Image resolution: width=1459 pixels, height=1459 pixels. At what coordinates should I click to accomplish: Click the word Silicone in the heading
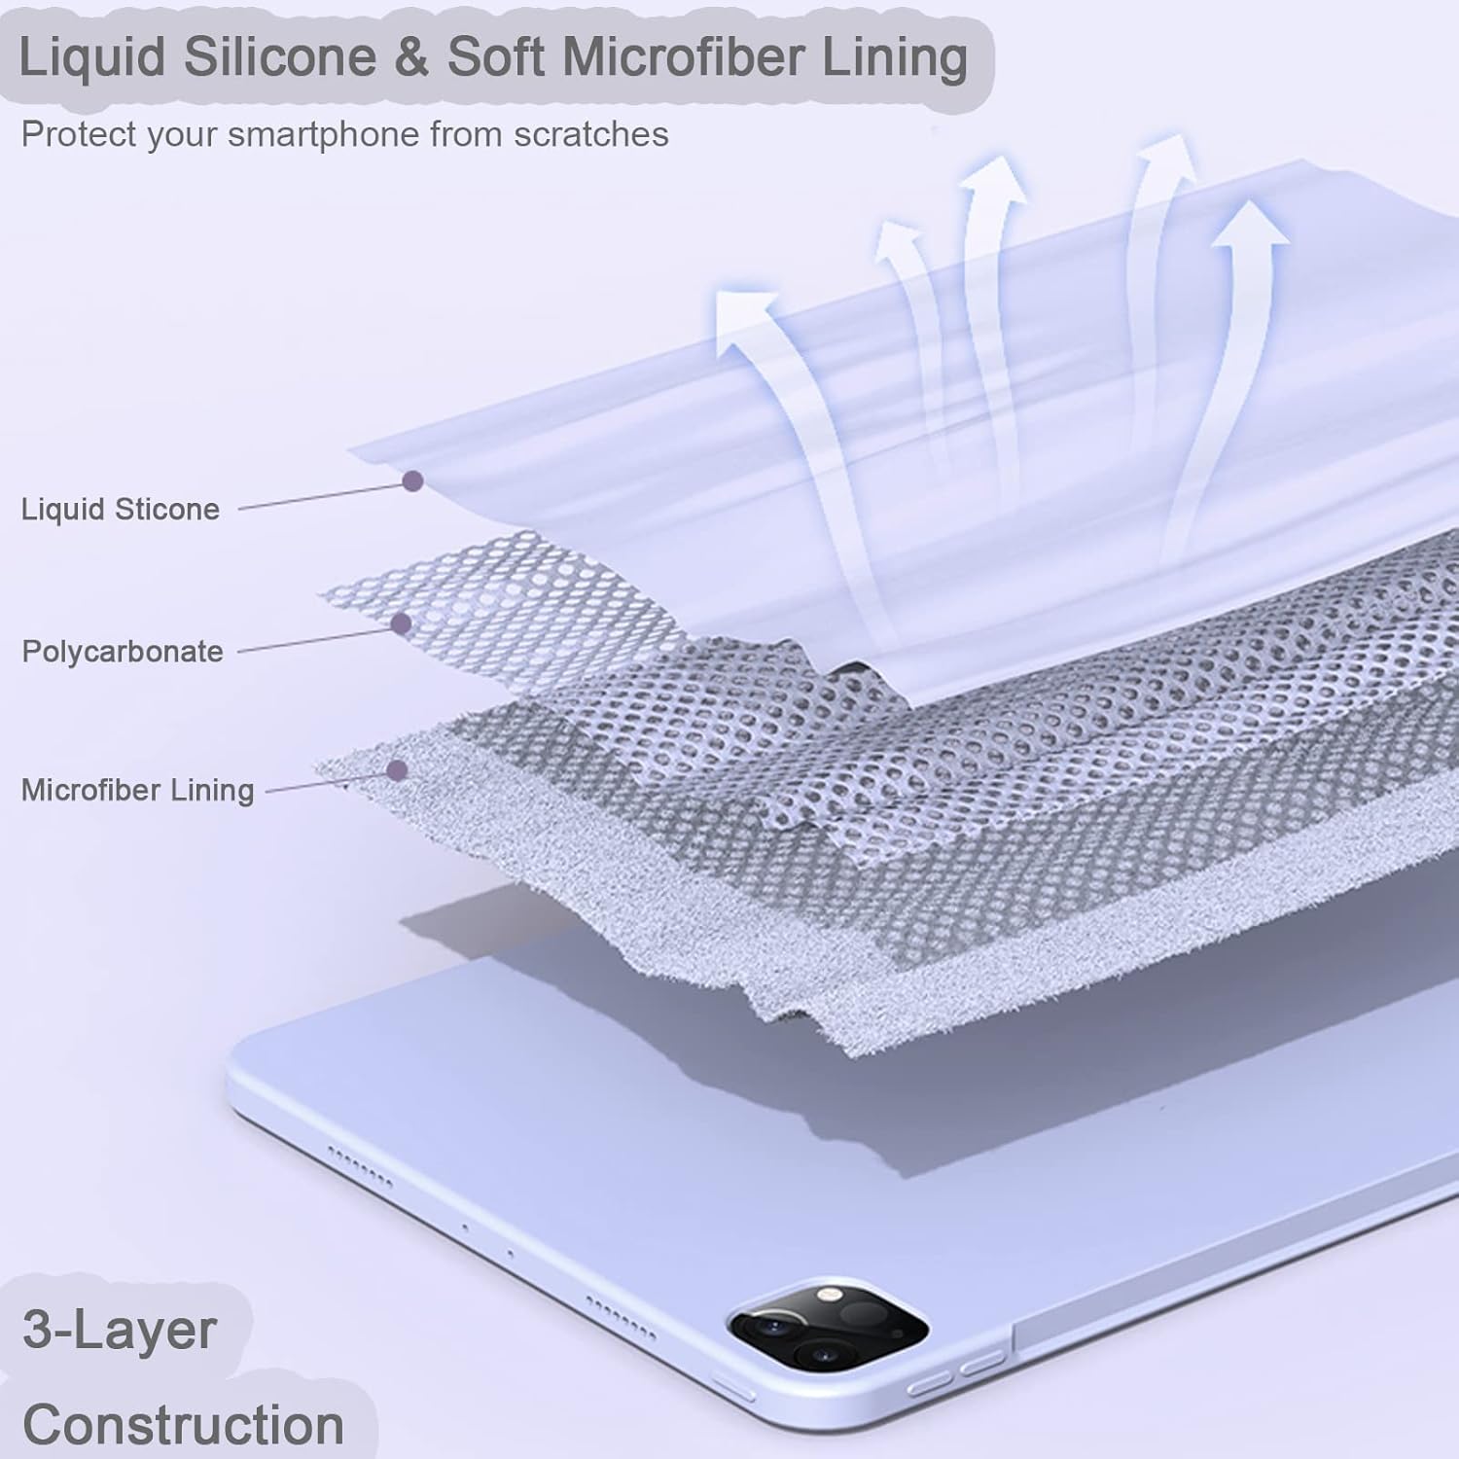coord(279,56)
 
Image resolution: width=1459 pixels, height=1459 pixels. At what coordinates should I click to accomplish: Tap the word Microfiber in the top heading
coord(682,56)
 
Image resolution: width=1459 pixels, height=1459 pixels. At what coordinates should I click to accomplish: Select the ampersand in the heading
coord(411,56)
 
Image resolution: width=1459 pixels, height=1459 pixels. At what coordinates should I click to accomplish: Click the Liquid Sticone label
coord(121,509)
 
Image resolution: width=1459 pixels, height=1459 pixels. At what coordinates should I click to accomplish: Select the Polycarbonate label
coord(123,651)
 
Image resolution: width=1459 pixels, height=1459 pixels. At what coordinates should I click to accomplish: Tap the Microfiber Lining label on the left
coord(137,790)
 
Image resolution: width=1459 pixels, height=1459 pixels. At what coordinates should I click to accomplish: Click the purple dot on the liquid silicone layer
coord(413,480)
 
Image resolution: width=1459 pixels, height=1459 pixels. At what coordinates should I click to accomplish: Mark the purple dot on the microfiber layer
coord(396,770)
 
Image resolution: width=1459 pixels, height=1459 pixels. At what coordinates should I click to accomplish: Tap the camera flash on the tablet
coord(828,1295)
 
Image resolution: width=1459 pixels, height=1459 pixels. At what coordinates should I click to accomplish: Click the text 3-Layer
coord(119,1330)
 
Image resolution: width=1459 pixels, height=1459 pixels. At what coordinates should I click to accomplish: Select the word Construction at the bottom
coord(183,1424)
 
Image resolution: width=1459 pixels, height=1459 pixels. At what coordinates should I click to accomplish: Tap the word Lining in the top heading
coord(895,56)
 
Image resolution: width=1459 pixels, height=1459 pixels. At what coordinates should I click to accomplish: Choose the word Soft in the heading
coord(495,56)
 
